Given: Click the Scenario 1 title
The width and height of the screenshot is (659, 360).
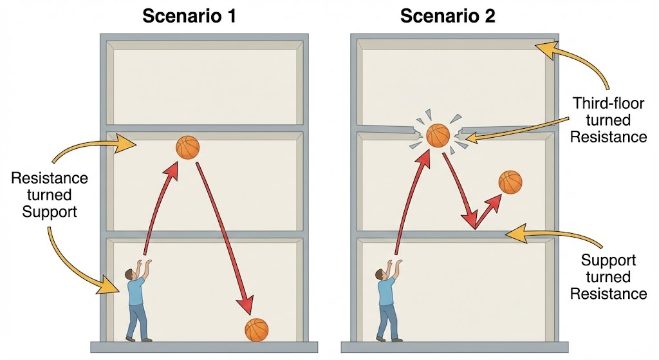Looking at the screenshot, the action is pyautogui.click(x=189, y=16).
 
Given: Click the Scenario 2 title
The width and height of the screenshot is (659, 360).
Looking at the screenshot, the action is pyautogui.click(x=448, y=16).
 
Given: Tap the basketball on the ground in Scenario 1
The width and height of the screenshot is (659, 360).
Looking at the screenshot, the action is pyautogui.click(x=256, y=330).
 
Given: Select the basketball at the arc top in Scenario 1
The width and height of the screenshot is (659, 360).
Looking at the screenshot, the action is pyautogui.click(x=187, y=147).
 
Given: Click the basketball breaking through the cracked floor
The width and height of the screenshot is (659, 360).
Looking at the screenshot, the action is pyautogui.click(x=438, y=135).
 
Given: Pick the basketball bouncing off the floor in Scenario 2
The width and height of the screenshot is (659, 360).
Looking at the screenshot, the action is pyautogui.click(x=510, y=182).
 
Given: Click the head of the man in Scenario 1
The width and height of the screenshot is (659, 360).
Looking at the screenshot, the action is pyautogui.click(x=130, y=274).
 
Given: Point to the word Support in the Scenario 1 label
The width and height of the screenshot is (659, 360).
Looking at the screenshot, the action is pyautogui.click(x=50, y=211).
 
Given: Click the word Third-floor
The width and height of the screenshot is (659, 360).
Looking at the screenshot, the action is pyautogui.click(x=608, y=103).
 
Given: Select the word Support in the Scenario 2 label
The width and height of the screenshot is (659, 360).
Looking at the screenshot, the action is pyautogui.click(x=608, y=260).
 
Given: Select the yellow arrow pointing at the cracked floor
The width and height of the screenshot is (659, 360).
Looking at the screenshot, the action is pyautogui.click(x=517, y=129).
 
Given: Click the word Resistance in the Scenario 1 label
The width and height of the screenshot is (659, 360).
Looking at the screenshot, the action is pyautogui.click(x=50, y=178).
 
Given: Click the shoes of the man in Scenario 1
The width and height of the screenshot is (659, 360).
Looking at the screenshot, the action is pyautogui.click(x=139, y=339).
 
